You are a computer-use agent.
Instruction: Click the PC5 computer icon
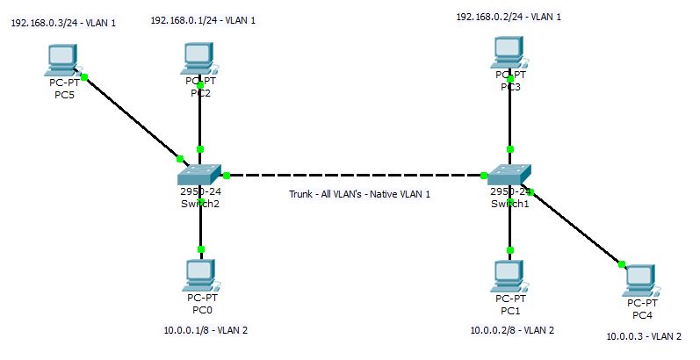tap(61, 60)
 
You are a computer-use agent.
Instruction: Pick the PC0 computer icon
tap(201, 276)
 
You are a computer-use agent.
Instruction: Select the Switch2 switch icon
tap(201, 174)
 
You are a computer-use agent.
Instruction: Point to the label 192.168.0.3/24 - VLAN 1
tap(63, 24)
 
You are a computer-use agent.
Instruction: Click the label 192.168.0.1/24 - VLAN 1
tap(203, 19)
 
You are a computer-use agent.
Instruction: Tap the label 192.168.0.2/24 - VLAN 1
tap(509, 17)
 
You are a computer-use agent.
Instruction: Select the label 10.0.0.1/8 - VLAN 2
tap(206, 330)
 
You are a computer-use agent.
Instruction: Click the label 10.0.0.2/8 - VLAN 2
tap(512, 330)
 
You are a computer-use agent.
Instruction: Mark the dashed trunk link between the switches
tap(351, 175)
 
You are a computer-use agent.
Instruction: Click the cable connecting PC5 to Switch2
tap(132, 118)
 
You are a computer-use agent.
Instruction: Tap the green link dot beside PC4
tap(621, 264)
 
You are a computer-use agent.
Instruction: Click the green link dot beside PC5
tap(84, 77)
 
